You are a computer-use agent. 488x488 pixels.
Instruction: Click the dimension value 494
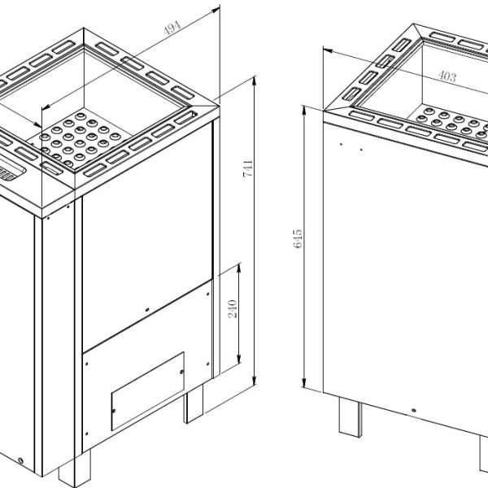click(172, 28)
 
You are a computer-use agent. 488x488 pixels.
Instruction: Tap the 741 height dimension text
click(248, 168)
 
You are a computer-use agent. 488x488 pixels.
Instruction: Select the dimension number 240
click(233, 309)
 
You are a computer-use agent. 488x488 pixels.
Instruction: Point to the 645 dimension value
click(298, 238)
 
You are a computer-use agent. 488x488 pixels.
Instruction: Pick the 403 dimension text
click(447, 76)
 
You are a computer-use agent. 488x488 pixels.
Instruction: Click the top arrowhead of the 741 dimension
click(255, 81)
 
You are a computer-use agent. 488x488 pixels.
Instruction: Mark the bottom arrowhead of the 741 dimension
click(255, 380)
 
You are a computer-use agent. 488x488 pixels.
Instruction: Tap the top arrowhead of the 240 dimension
click(239, 268)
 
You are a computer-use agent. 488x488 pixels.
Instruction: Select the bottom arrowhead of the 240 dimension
click(239, 359)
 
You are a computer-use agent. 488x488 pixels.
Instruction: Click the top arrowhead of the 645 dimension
click(304, 111)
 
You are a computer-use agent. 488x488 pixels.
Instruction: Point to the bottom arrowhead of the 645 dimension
click(304, 383)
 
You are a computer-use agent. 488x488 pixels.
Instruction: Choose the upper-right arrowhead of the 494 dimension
click(216, 11)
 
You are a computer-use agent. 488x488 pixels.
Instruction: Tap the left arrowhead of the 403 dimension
click(328, 50)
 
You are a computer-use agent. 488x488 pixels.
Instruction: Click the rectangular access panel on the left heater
click(148, 391)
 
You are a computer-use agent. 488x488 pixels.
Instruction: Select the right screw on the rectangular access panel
click(182, 372)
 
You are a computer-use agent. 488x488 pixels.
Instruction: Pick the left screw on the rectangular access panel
click(114, 411)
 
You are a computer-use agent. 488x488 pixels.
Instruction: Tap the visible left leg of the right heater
click(351, 417)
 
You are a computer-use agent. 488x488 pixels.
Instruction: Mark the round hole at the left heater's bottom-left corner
click(21, 460)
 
